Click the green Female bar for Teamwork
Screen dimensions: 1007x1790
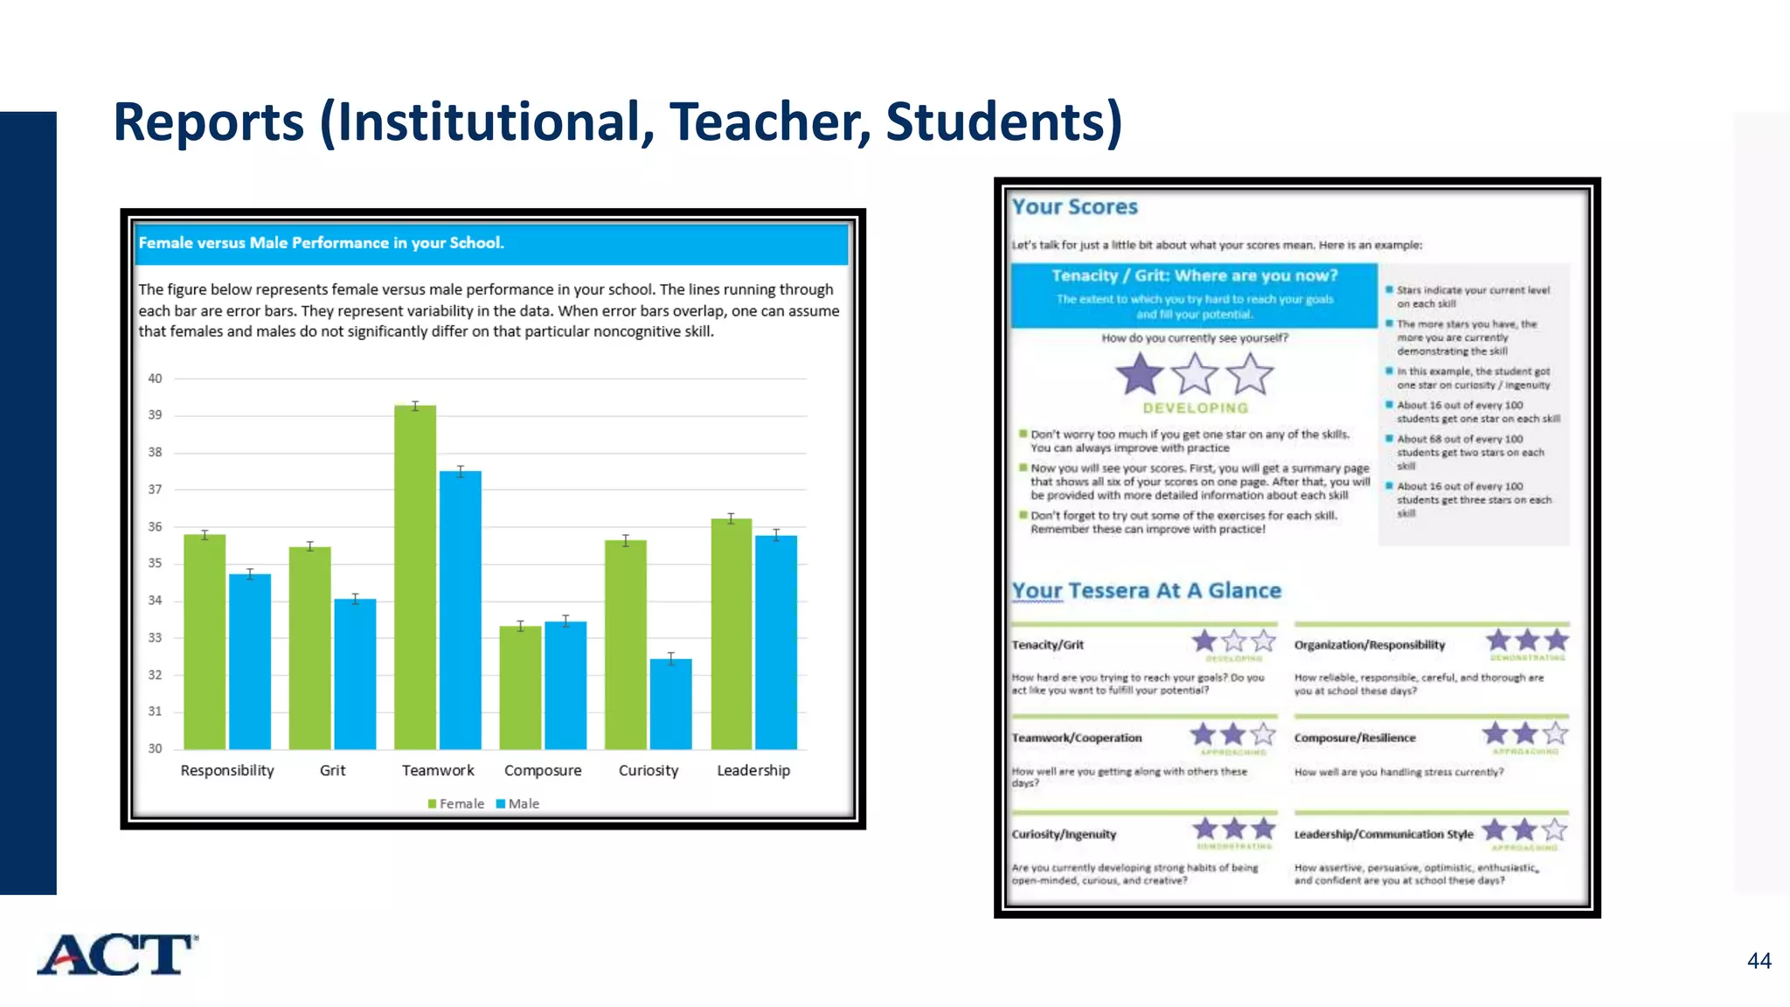coord(414,577)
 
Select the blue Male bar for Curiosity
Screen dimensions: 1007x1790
coord(670,704)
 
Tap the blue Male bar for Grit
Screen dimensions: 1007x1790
coord(355,673)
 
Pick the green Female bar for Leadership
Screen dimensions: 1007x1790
coord(732,634)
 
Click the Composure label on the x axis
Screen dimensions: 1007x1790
coord(543,770)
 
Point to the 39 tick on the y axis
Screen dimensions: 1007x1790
coord(155,415)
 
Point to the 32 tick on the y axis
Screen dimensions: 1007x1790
coord(155,675)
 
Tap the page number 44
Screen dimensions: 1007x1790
coord(1759,961)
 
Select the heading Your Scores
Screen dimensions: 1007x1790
coord(1074,207)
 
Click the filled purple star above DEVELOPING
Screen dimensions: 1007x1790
coord(1140,374)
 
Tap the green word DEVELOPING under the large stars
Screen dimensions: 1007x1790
coord(1195,408)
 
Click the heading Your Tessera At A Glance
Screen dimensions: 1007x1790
coord(1146,591)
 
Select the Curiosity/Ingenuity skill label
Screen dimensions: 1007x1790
coord(1064,834)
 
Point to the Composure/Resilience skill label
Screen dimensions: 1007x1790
coord(1354,738)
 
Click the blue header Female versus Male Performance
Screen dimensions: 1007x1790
coord(321,243)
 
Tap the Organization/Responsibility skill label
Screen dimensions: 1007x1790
coord(1369,645)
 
